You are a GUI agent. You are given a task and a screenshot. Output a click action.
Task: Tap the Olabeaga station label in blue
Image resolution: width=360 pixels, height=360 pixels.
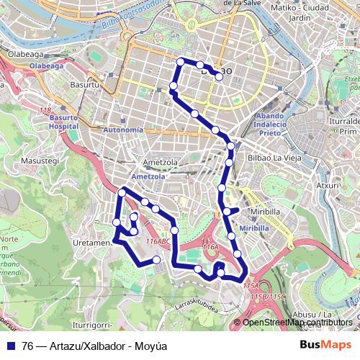tap(47, 64)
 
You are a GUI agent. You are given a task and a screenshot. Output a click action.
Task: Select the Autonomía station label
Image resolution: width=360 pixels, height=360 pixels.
tap(124, 130)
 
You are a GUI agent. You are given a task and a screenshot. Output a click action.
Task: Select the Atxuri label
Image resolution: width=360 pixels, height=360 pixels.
tap(328, 185)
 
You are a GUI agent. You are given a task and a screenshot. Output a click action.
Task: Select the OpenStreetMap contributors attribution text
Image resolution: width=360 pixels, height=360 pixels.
tap(297, 323)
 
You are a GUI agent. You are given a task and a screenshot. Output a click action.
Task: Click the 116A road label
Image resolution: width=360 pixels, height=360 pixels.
tap(210, 247)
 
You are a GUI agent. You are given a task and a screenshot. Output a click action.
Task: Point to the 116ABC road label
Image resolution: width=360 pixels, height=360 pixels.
tap(158, 241)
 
